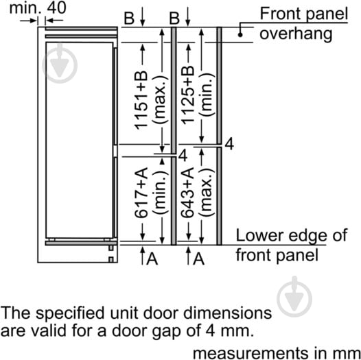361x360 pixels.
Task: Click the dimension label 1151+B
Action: [141, 100]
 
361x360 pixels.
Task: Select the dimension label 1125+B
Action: [188, 95]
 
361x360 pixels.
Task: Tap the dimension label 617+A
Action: [141, 193]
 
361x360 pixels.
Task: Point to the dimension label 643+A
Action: [187, 193]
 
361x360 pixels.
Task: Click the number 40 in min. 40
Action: [57, 8]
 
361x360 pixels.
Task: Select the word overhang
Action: [296, 34]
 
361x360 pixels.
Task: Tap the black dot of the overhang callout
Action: [240, 35]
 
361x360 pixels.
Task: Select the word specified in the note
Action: [70, 314]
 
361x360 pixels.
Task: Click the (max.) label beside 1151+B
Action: [160, 100]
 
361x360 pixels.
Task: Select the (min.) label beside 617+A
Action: [160, 193]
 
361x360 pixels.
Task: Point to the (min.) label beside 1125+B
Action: [207, 95]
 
